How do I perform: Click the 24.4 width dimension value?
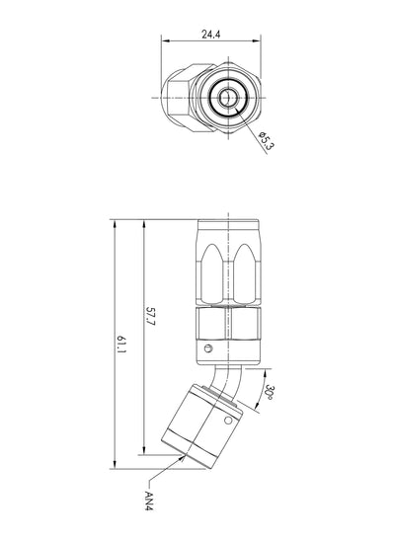click(210, 34)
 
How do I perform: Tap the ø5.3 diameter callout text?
click(267, 140)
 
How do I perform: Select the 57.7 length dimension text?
click(150, 316)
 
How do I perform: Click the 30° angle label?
click(270, 392)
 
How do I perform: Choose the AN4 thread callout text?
click(149, 500)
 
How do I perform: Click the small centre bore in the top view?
click(226, 98)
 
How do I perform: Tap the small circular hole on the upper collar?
click(207, 348)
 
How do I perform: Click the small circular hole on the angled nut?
click(228, 421)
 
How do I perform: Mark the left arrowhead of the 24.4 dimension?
click(165, 40)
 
